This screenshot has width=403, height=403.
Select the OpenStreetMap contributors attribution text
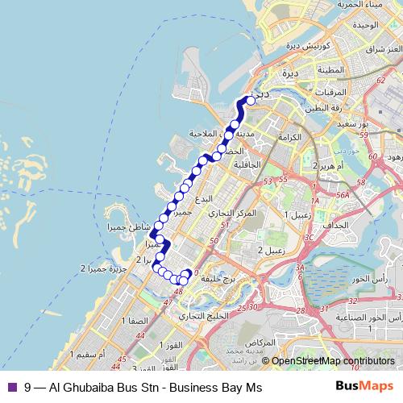pos(334,362)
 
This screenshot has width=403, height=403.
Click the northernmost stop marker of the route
pos(250,100)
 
